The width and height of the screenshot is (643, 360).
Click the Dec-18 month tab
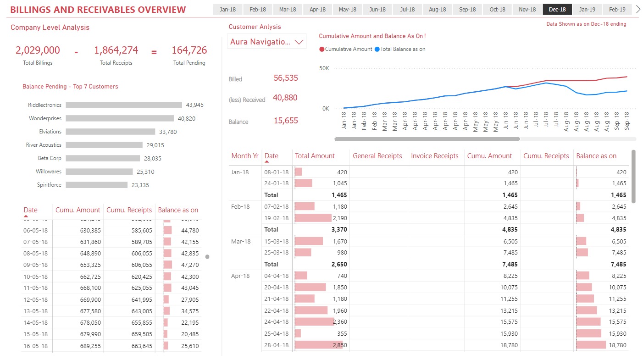tap(557, 9)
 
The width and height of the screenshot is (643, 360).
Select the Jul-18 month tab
tap(407, 9)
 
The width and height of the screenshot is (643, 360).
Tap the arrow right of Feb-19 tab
tap(637, 9)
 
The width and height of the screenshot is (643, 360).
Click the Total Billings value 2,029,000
tap(38, 50)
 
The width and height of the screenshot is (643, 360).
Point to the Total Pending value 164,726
tap(189, 50)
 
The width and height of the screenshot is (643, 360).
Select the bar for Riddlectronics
tap(124, 105)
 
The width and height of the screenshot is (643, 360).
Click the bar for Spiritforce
tap(96, 185)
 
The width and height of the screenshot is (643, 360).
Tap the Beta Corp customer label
tap(50, 158)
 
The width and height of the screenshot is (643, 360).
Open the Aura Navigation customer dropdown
tap(267, 42)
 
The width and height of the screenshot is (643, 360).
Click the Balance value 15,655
tap(286, 121)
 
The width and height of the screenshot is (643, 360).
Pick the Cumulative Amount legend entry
tap(346, 49)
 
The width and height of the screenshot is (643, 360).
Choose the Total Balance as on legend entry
tap(400, 49)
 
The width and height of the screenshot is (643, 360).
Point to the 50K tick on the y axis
tap(324, 68)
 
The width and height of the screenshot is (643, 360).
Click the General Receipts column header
tap(377, 156)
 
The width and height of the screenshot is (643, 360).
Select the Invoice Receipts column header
tap(434, 156)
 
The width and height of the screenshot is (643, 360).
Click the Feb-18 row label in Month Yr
tap(240, 206)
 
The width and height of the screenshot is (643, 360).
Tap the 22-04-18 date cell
tap(277, 310)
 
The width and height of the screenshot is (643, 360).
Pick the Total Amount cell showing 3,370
tap(339, 229)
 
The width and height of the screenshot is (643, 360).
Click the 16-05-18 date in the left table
tap(35, 346)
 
